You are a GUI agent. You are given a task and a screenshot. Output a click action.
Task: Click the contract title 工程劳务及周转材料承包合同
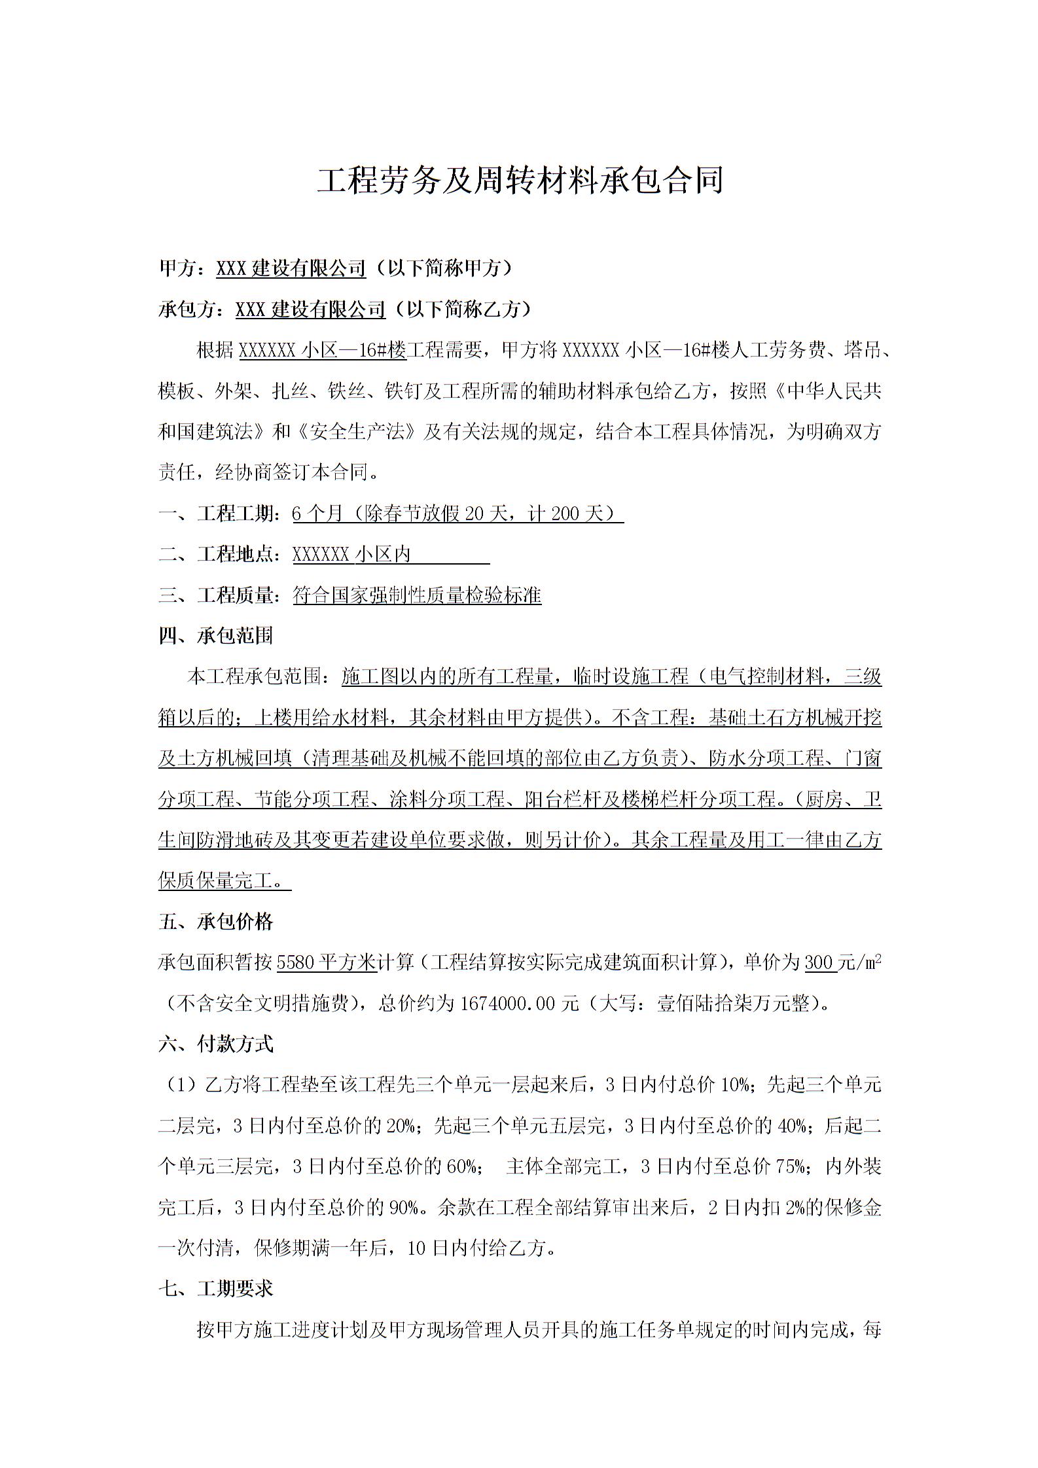(x=520, y=181)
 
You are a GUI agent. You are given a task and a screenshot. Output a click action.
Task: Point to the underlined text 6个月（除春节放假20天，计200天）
(x=457, y=514)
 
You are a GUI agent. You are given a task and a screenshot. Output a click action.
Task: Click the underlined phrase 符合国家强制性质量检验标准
(x=417, y=595)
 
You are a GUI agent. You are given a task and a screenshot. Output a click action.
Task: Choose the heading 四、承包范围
(x=215, y=636)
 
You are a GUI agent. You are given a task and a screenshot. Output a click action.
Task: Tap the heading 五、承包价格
(x=215, y=922)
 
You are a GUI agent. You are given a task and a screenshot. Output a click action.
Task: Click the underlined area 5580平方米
(x=327, y=962)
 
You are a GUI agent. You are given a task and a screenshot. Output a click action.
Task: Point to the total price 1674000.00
(x=508, y=1003)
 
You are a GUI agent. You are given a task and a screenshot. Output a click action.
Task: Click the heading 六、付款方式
(x=215, y=1044)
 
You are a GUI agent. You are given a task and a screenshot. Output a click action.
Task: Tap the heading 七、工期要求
(x=215, y=1289)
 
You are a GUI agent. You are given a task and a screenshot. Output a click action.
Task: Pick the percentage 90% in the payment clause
(x=404, y=1207)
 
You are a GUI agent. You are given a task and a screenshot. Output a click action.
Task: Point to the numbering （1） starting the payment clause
(x=179, y=1085)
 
